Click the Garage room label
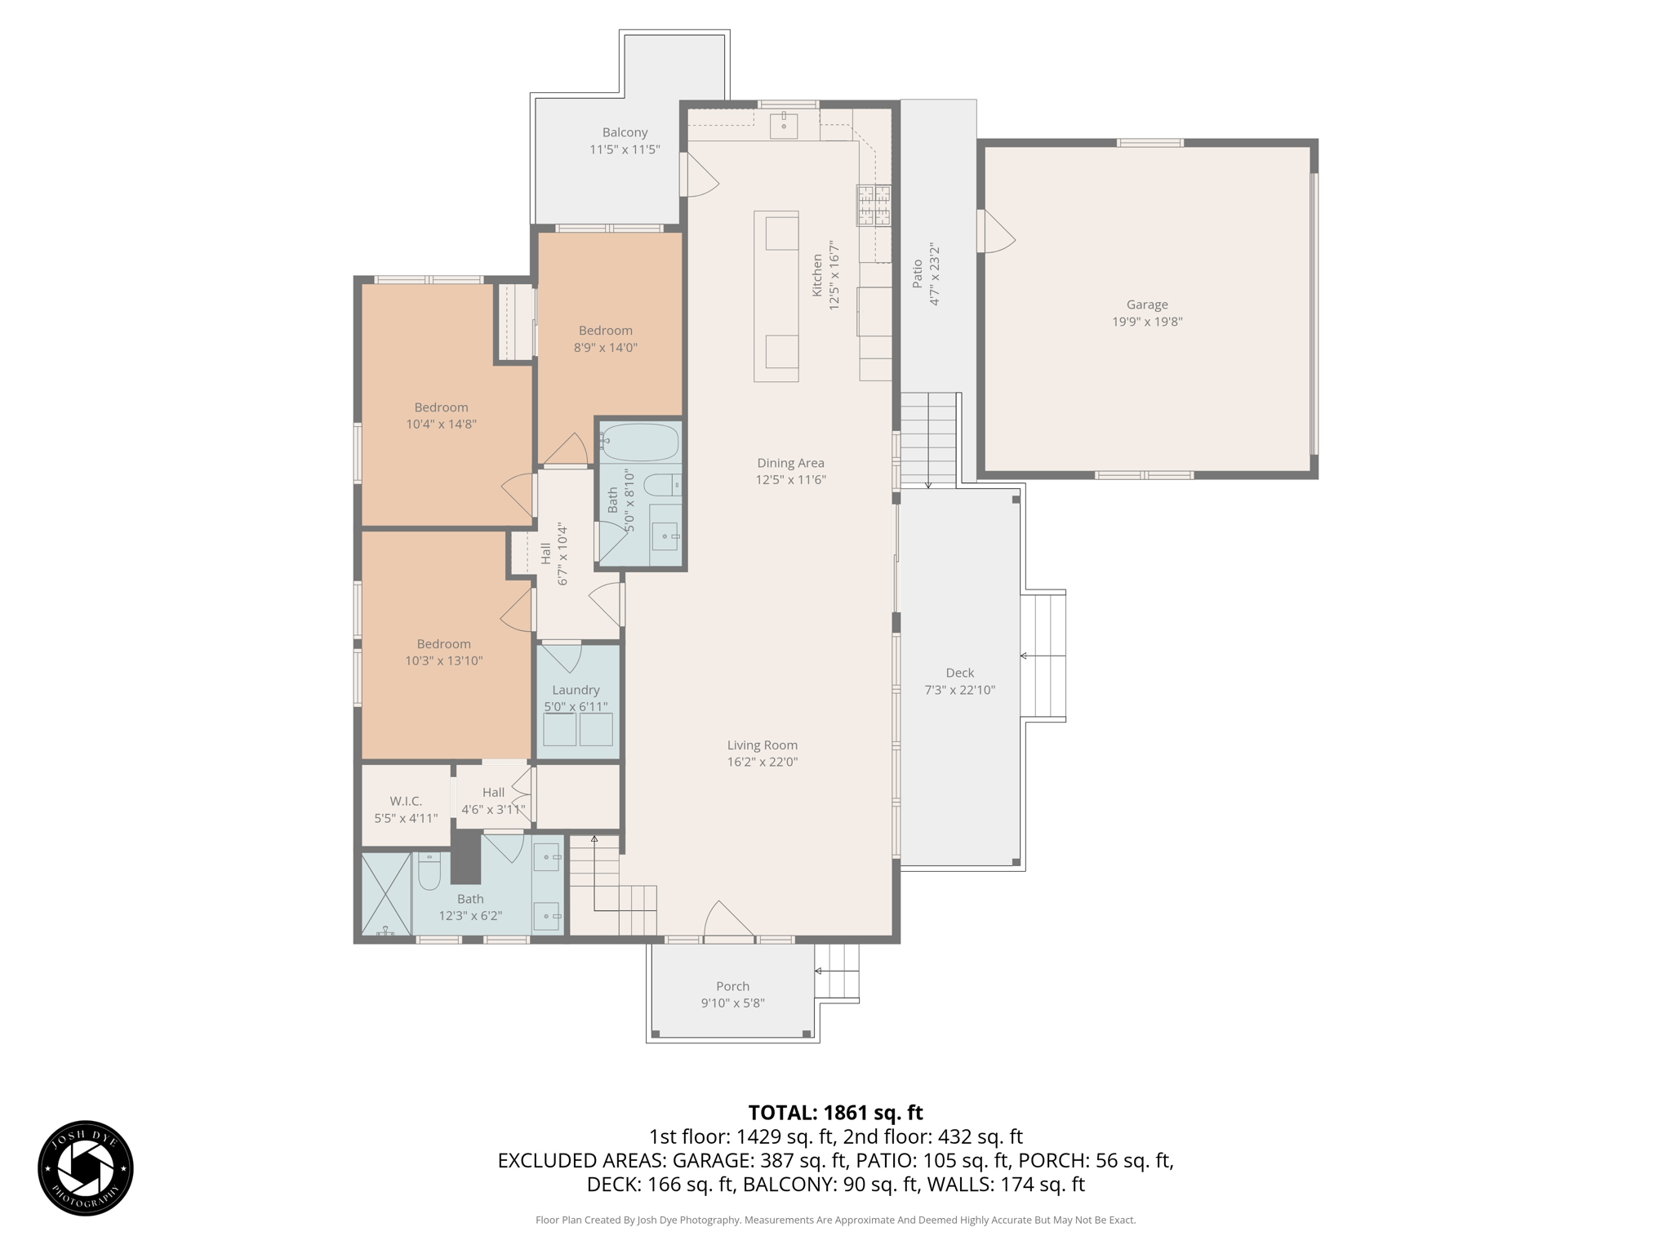[1146, 305]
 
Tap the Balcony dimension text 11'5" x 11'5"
[625, 149]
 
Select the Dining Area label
[790, 463]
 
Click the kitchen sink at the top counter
[784, 126]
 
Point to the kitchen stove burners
[873, 205]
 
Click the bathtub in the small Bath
[641, 442]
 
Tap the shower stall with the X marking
[386, 893]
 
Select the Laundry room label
[576, 690]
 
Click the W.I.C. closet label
[406, 801]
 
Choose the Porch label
[732, 986]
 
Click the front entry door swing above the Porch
[727, 921]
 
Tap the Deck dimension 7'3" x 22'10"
[959, 690]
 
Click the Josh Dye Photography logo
[86, 1167]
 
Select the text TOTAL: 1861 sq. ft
[835, 1113]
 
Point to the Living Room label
[762, 745]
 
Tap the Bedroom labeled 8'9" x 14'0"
[605, 339]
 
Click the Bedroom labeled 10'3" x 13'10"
[443, 652]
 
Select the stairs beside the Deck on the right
[1043, 656]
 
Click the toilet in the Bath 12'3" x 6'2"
[429, 874]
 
